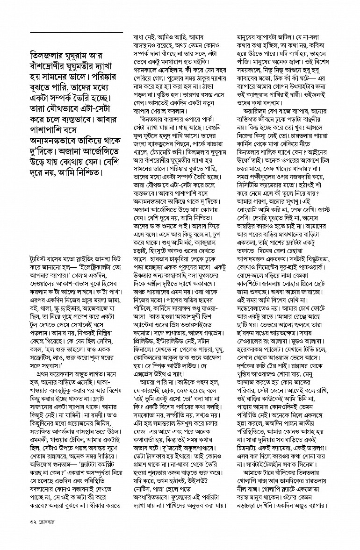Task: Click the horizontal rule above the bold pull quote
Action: [76, 32]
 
